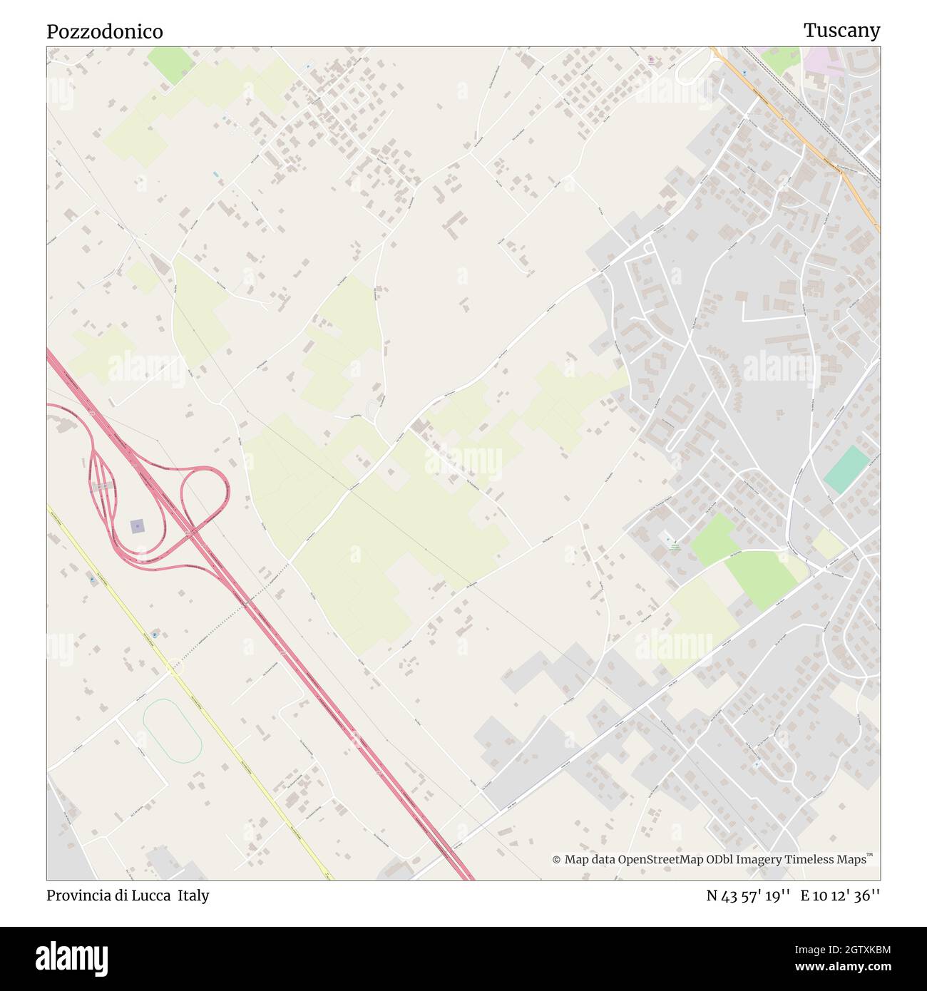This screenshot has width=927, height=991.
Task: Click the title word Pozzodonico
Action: click(105, 31)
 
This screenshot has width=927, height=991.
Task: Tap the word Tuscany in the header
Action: click(841, 31)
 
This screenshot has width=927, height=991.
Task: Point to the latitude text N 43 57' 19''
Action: click(748, 896)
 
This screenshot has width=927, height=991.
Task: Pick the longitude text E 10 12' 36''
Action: click(840, 896)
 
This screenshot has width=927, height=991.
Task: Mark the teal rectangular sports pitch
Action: click(847, 469)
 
